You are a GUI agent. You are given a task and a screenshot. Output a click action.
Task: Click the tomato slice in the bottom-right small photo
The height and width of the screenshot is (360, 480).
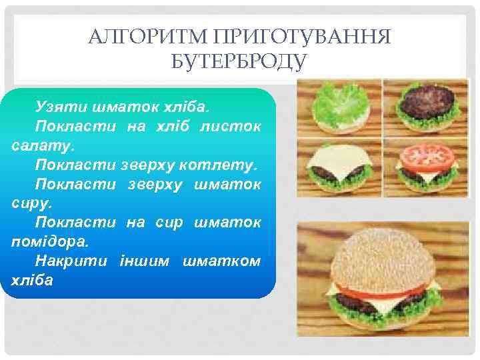(426, 155)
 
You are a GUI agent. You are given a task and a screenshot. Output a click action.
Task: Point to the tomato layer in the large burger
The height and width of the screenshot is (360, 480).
(373, 291)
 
